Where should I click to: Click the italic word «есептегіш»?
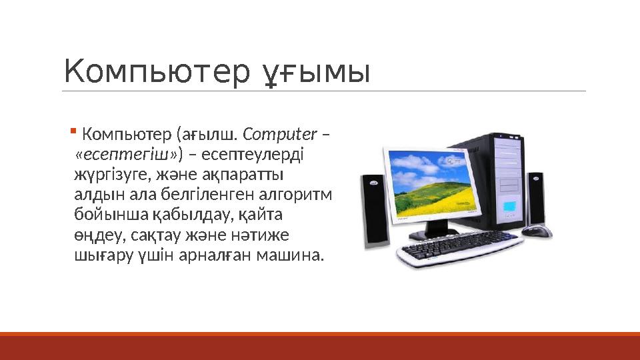pos(127,155)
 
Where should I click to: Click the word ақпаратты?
pos(247,175)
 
